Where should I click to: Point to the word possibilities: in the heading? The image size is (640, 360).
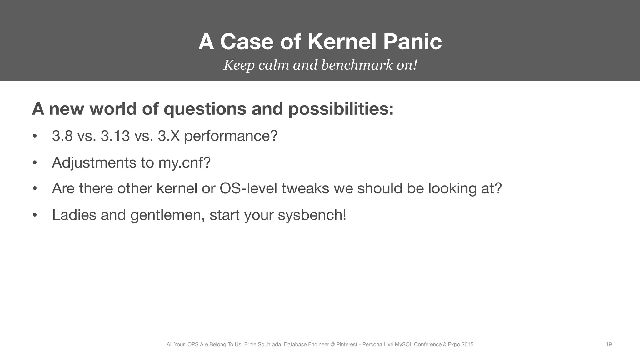pos(341,109)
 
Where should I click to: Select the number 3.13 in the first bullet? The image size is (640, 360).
pos(115,136)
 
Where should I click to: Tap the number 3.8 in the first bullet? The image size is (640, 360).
pos(62,136)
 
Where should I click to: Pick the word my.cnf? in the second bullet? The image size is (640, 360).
pos(184,163)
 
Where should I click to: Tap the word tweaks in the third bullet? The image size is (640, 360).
pos(305,188)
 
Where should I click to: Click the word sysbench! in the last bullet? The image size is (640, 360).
pos(312,215)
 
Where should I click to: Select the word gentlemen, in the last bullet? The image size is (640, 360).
pos(167,215)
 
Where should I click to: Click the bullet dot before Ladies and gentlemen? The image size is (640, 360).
pos(35,215)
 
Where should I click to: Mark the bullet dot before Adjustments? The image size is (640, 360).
pos(35,163)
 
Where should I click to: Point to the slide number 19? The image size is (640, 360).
pos(609,344)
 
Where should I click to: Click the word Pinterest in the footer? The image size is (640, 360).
pos(347,344)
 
